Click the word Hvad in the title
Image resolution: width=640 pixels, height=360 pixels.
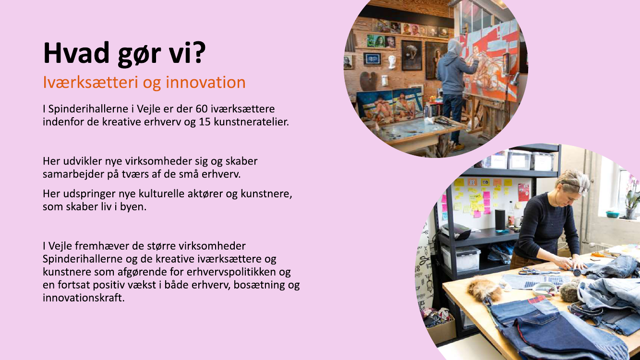pos(76,53)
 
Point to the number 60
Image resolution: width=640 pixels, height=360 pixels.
pos(202,109)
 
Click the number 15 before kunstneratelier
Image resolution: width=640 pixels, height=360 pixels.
pos(205,122)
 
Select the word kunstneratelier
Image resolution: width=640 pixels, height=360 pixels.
pos(252,122)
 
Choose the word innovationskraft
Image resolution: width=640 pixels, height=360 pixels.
pos(84,298)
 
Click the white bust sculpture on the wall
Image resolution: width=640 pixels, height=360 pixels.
pos(392,62)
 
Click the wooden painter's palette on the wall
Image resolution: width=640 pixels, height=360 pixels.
pos(368,81)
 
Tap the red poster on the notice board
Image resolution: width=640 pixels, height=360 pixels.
pos(523,192)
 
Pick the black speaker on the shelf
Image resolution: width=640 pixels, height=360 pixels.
pos(500,219)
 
